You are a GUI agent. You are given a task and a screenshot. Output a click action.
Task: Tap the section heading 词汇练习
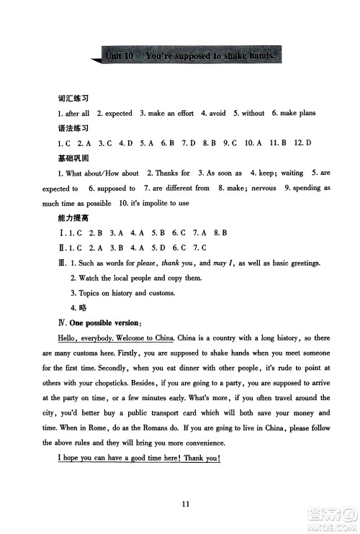[72, 99]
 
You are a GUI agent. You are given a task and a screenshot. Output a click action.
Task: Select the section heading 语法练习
[72, 128]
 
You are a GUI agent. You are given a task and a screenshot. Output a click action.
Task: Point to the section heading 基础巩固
[72, 158]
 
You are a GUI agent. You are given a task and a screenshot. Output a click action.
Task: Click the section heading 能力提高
[72, 217]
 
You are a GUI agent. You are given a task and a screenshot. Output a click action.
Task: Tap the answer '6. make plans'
[294, 113]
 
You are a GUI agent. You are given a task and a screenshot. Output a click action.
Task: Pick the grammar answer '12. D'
[303, 143]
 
